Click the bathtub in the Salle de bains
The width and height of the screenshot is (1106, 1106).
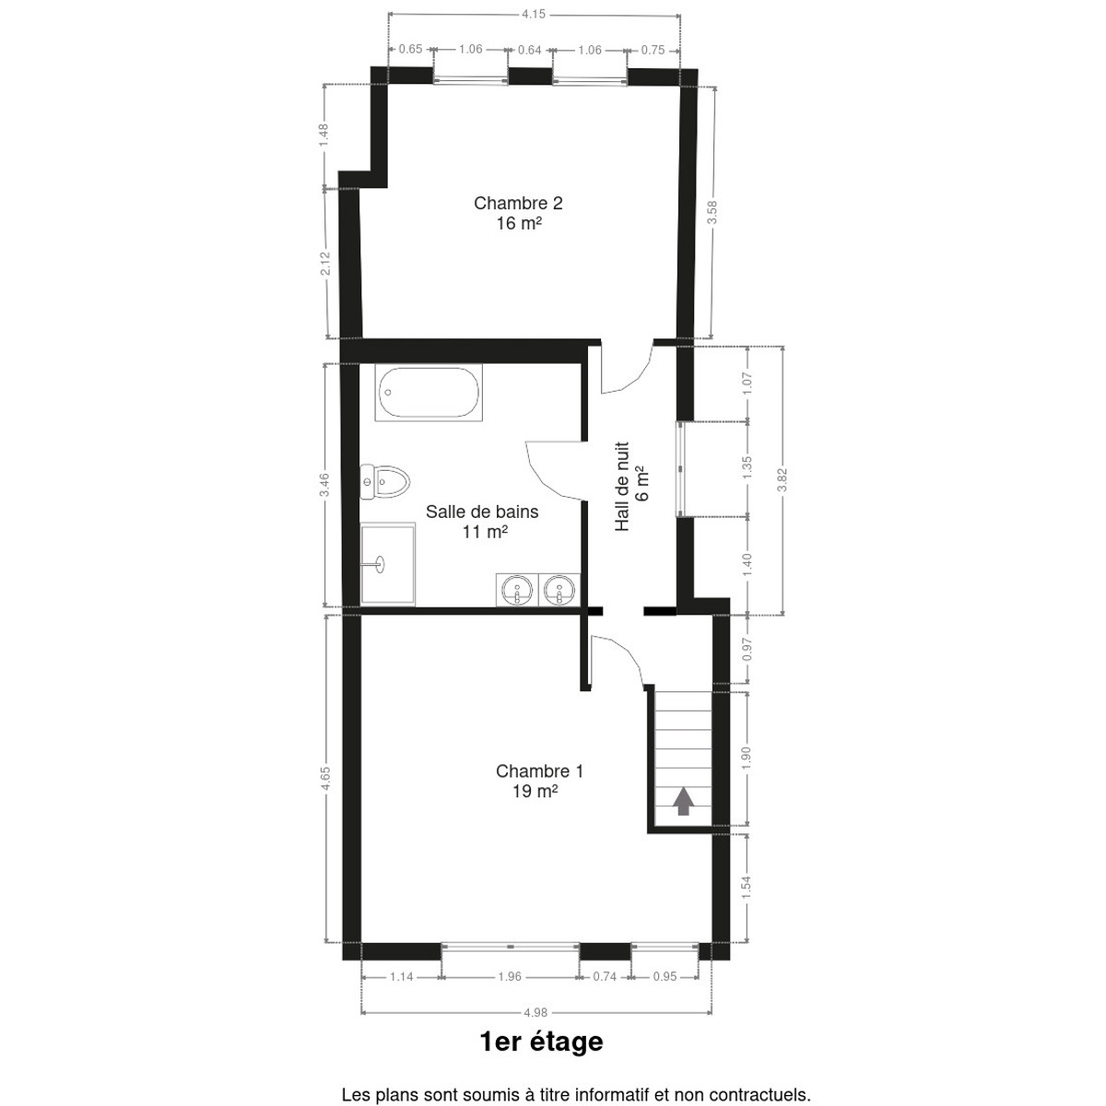429,393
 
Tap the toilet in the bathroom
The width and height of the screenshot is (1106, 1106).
384,481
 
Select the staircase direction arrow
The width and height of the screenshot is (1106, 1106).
682,801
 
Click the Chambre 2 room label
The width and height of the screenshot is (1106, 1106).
518,213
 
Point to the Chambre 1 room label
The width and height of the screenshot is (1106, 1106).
539,782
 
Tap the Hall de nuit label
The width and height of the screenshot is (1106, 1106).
631,486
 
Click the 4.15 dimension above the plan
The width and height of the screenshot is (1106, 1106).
534,15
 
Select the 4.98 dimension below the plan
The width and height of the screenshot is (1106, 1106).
535,1013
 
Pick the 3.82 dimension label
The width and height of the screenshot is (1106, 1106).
782,480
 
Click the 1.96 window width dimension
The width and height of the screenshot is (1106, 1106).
509,976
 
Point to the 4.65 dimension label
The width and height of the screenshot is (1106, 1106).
325,779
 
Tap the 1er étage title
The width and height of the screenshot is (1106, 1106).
541,1041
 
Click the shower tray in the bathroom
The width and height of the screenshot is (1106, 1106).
387,564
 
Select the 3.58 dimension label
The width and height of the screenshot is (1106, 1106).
712,212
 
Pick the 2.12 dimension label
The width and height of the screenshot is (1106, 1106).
324,264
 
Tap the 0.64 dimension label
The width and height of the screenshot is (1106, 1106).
529,50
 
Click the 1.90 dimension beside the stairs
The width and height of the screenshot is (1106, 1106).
747,759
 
